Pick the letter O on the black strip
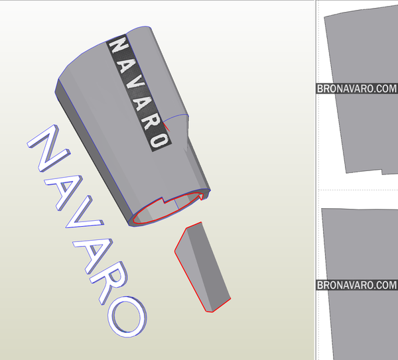coord(158,139)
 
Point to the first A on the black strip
coord(125,62)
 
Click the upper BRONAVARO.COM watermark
coord(356,88)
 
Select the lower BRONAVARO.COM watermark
coord(356,285)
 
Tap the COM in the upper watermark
coord(385,88)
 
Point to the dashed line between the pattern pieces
coord(358,190)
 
